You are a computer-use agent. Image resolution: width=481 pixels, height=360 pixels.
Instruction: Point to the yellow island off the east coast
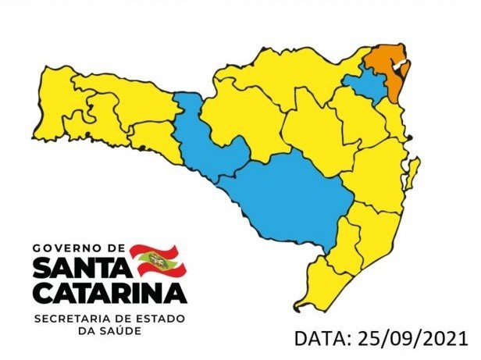[x=412, y=171]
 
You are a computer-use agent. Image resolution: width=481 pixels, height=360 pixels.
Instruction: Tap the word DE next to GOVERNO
[x=118, y=248]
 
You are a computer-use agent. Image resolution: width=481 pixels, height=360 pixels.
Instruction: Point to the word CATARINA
[x=109, y=293]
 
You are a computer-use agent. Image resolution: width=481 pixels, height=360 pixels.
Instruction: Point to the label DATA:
[x=322, y=338]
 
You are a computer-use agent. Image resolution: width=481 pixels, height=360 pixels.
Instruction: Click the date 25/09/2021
[x=413, y=338]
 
